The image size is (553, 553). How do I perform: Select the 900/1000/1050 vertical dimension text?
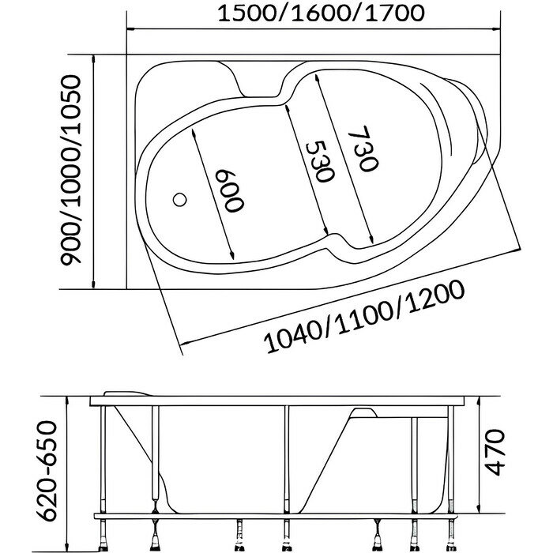tap(73, 172)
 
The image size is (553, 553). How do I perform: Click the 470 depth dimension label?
tap(494, 453)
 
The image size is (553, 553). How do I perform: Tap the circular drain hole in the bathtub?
tap(180, 199)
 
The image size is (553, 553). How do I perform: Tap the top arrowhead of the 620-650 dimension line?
tap(69, 398)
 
